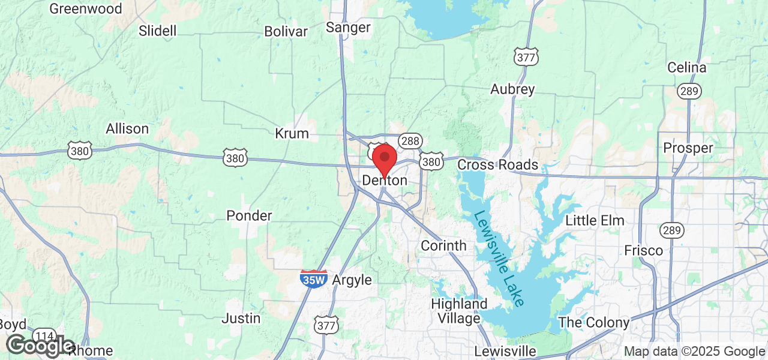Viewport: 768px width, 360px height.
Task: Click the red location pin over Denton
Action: [x=385, y=159]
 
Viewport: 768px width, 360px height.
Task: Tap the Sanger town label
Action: [x=348, y=28]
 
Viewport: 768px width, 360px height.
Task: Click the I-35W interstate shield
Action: [x=314, y=278]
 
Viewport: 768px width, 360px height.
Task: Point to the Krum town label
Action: [x=292, y=133]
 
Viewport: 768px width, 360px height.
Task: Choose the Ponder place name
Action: [x=249, y=215]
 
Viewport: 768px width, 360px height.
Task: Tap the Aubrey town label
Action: [x=512, y=89]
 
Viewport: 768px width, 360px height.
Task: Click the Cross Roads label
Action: [x=497, y=164]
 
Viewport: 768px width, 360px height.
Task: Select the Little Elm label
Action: [x=595, y=221]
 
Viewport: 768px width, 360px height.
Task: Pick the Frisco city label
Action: [x=643, y=250]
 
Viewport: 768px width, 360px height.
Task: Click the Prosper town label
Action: [x=688, y=148]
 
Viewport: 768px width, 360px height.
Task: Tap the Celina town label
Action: [x=687, y=68]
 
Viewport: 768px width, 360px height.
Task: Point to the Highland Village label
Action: [x=459, y=311]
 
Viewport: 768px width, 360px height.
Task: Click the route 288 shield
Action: [x=411, y=140]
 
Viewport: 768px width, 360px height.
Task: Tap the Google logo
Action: [x=40, y=346]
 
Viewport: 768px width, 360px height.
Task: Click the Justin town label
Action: [x=241, y=318]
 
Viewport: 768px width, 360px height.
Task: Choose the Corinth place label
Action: [x=443, y=245]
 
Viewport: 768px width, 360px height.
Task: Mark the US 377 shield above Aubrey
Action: [x=526, y=57]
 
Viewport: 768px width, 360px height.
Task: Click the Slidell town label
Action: [x=157, y=31]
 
